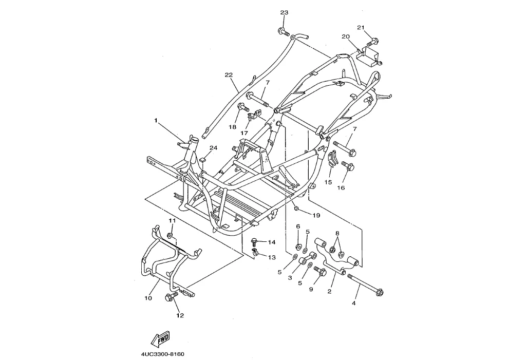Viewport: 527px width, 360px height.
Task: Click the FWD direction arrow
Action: (x=160, y=339)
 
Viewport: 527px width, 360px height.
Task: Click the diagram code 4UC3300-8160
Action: (x=163, y=354)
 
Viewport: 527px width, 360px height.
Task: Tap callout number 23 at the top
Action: (x=284, y=12)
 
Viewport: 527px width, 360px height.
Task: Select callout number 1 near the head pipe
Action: (x=156, y=120)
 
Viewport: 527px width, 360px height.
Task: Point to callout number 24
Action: (x=214, y=147)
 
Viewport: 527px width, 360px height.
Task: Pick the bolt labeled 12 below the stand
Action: (x=172, y=296)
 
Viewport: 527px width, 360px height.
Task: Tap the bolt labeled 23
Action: (x=284, y=32)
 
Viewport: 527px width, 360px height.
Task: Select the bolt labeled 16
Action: (x=348, y=165)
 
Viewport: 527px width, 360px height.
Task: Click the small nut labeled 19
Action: (x=296, y=209)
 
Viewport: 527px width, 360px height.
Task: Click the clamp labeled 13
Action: (x=255, y=252)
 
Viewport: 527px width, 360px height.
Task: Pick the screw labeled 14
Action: (x=254, y=242)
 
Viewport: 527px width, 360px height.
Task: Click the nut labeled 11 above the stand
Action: (x=170, y=235)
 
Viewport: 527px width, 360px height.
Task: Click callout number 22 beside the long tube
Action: (x=229, y=75)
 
